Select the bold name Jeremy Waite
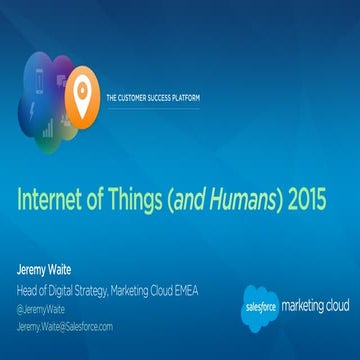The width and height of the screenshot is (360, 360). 45,268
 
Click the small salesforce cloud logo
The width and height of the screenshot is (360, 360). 262,307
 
